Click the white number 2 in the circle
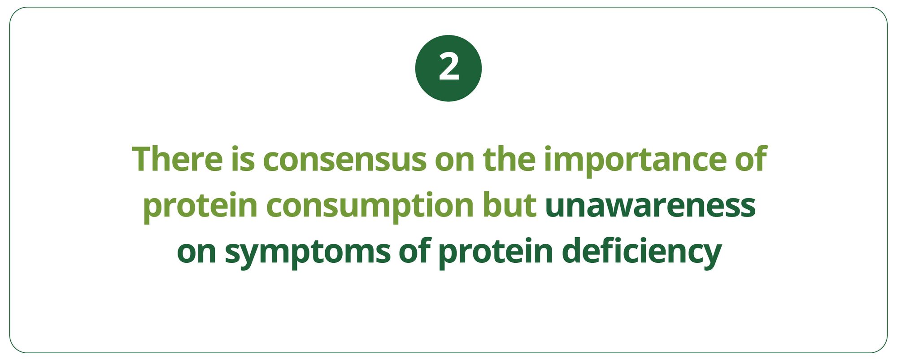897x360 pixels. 448,68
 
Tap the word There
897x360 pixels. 177,159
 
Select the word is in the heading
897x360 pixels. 243,159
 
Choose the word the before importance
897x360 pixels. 509,159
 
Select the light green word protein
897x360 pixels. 200,207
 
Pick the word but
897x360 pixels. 509,205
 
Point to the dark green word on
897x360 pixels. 196,254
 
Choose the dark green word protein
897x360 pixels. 496,253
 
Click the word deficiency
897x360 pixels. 641,253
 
